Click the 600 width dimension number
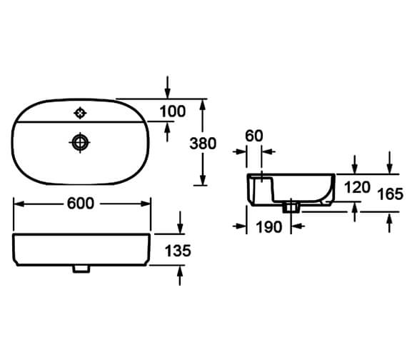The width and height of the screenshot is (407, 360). (81, 204)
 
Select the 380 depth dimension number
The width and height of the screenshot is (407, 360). (202, 143)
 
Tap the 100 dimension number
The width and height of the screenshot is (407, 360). (173, 111)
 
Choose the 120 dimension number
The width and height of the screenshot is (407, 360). (356, 188)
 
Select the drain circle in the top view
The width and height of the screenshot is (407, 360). (80, 143)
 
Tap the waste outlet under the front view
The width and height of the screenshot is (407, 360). (81, 269)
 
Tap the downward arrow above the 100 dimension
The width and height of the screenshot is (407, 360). (168, 91)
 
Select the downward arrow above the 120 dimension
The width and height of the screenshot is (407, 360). (356, 165)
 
